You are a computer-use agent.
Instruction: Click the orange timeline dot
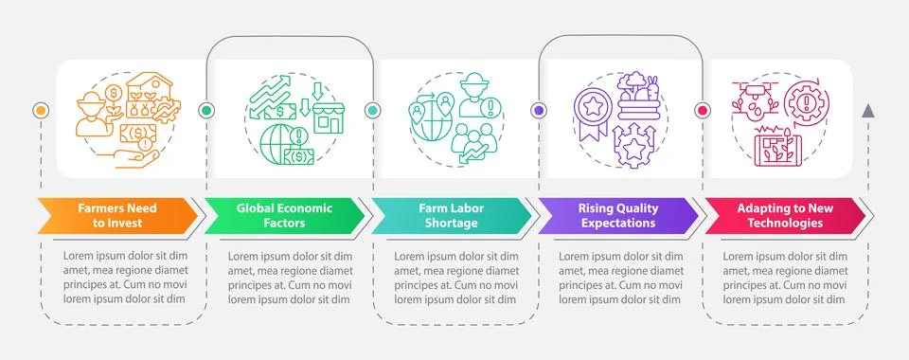tap(40, 110)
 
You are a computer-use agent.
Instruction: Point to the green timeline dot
tap(206, 110)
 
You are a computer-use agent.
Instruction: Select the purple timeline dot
tap(538, 110)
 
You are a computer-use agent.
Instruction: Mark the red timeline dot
tap(703, 110)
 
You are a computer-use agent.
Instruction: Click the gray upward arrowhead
tap(868, 111)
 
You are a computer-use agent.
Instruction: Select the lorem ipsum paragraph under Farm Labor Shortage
tap(456, 278)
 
